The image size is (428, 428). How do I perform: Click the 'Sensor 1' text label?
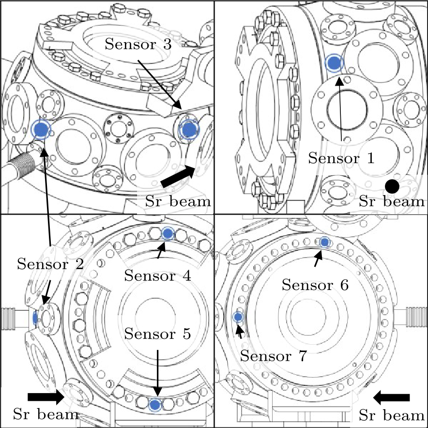click(x=341, y=158)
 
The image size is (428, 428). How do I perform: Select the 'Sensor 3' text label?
click(x=138, y=46)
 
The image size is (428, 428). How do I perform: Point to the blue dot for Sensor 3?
click(x=188, y=129)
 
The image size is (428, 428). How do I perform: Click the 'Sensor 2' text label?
click(x=50, y=264)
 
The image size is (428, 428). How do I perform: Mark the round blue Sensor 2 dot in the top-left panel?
click(x=42, y=129)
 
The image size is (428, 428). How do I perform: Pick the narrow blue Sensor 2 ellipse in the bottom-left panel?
click(x=35, y=318)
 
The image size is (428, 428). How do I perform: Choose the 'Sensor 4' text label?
click(x=157, y=275)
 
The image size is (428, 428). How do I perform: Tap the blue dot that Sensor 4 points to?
click(x=168, y=233)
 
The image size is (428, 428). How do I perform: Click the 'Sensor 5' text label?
click(x=158, y=333)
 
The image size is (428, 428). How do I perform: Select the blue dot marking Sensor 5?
click(x=155, y=405)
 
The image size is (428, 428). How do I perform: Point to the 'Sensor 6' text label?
click(x=315, y=285)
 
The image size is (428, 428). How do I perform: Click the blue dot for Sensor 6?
click(x=324, y=242)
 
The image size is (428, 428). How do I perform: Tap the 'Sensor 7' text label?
click(x=274, y=356)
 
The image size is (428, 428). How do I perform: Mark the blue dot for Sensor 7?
click(x=238, y=317)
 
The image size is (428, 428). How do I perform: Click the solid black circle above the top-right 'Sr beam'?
click(x=392, y=185)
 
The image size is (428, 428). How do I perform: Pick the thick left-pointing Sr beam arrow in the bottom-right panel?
click(x=391, y=397)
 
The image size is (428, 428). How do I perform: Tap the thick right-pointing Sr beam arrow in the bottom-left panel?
click(x=46, y=397)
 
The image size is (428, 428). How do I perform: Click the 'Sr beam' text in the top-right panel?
click(x=391, y=201)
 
